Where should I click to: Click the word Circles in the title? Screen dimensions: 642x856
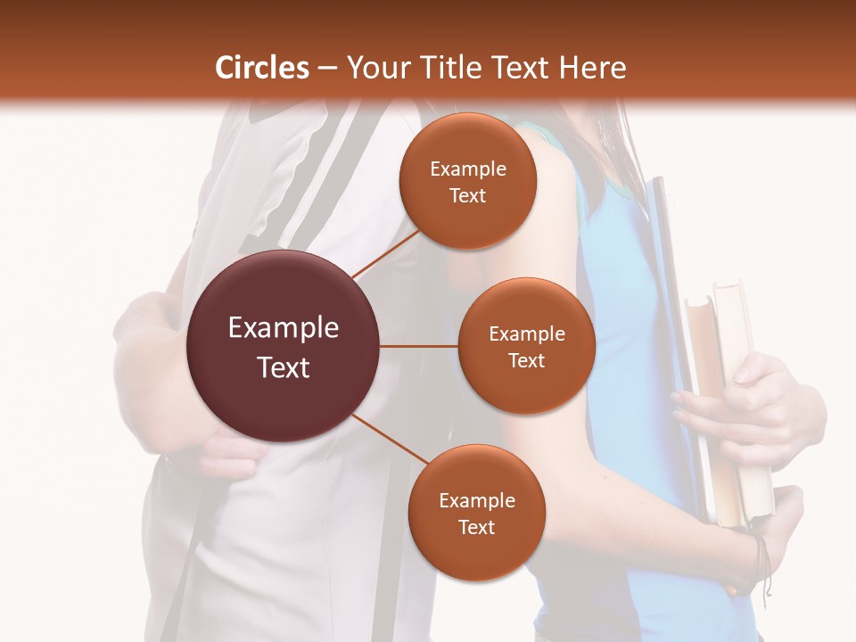[x=261, y=68]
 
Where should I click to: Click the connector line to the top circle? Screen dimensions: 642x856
[x=385, y=252]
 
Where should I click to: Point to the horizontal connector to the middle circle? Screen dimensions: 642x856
[x=419, y=346]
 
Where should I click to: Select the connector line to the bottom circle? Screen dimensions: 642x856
[x=391, y=439]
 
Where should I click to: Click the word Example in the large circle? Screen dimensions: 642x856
[x=284, y=328]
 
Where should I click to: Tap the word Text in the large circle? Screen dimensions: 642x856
[x=284, y=367]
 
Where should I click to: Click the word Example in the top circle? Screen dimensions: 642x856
[x=467, y=169]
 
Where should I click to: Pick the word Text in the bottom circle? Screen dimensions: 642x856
[x=476, y=527]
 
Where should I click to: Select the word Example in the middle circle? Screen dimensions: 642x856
[x=526, y=334]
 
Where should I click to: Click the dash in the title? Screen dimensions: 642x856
[x=327, y=68]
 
